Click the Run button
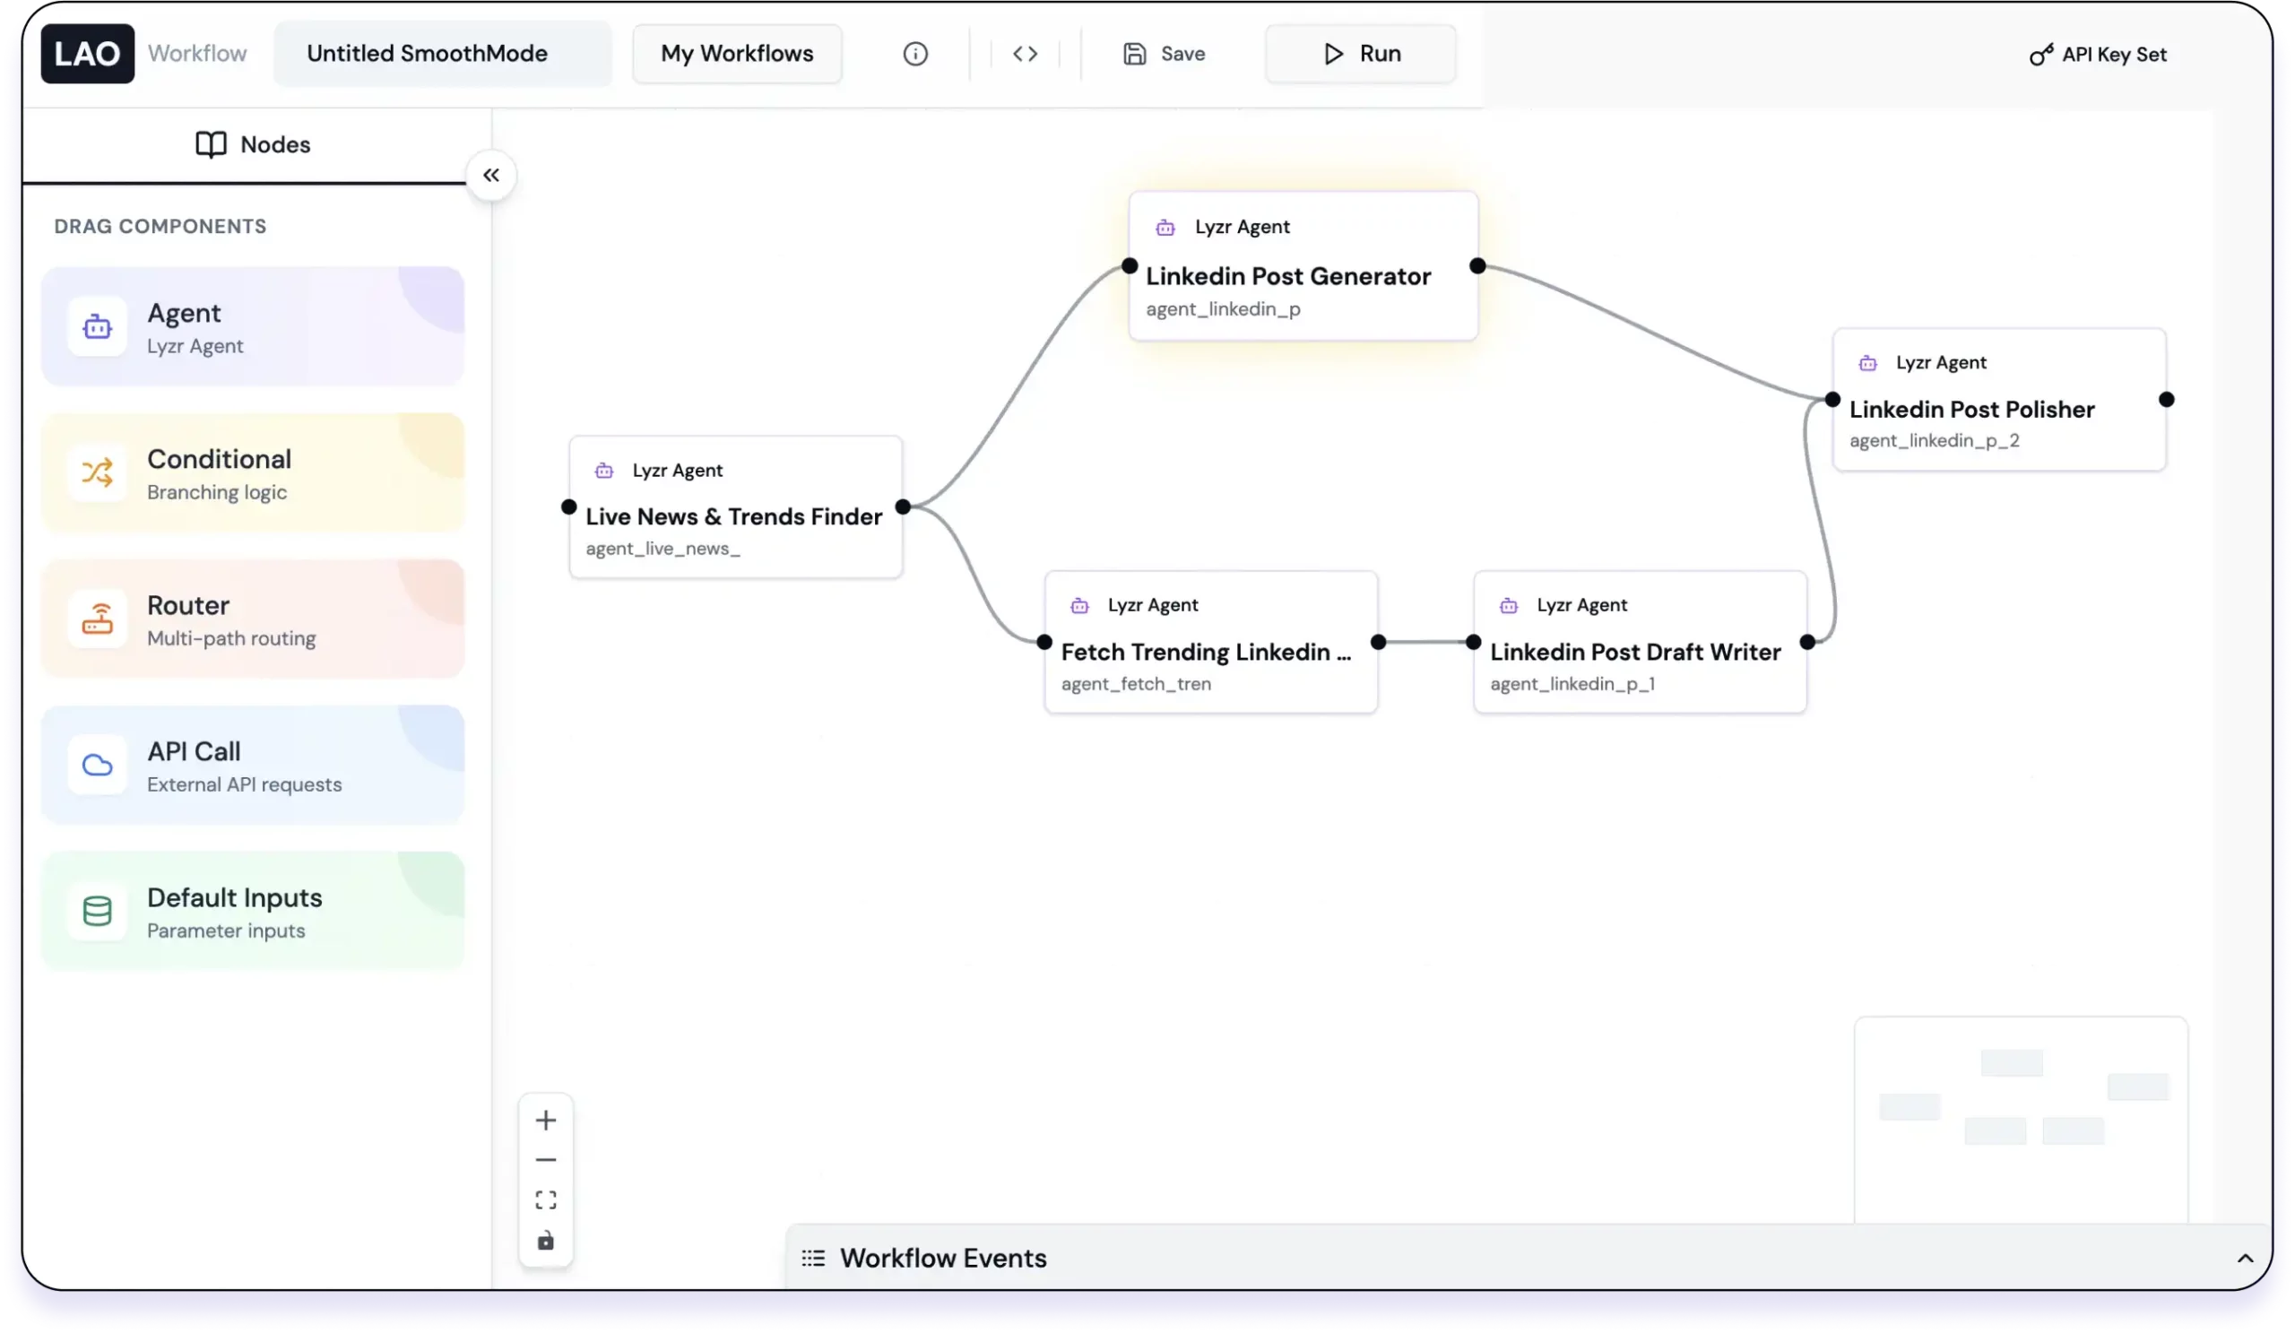[x=1361, y=54]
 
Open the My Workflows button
[x=737, y=54]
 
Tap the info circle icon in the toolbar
[x=915, y=54]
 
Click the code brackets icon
[x=1026, y=54]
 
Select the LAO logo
[x=88, y=54]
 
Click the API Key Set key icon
[x=2041, y=55]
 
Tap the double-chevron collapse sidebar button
[x=491, y=175]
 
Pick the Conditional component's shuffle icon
[x=98, y=472]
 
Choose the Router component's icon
[x=98, y=619]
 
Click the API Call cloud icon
[x=98, y=765]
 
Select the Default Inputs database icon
[x=98, y=911]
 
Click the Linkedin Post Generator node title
[x=1287, y=276]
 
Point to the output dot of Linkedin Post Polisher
[x=2167, y=400]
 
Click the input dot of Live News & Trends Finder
[x=569, y=507]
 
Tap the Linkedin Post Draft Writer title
[x=1634, y=652]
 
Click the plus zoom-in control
[x=546, y=1120]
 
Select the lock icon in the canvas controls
[x=546, y=1241]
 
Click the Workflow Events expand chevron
[x=2245, y=1259]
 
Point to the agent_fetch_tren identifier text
[x=1136, y=684]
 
